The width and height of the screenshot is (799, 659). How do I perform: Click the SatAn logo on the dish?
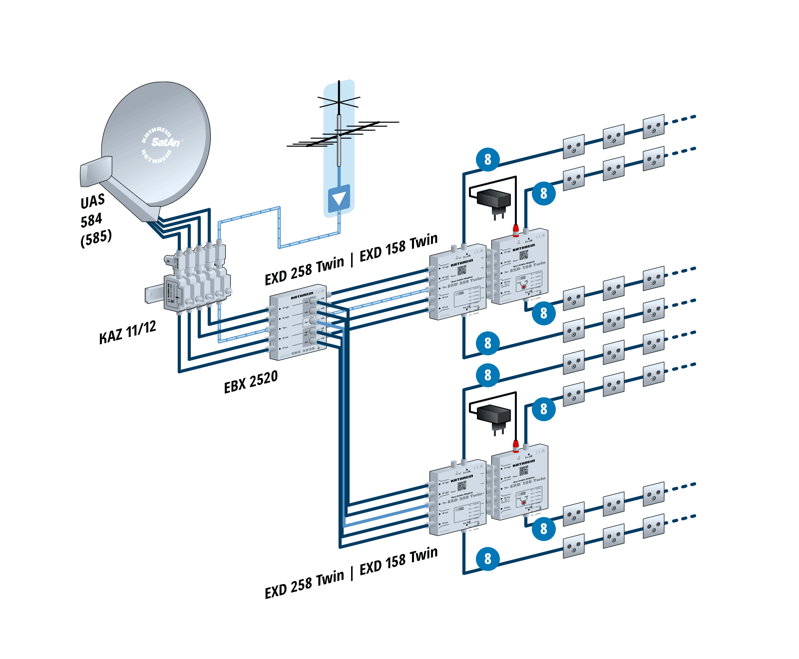pyautogui.click(x=165, y=142)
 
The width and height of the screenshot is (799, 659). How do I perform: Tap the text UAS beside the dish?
pyautogui.click(x=93, y=201)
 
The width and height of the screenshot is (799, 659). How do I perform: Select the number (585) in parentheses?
pyautogui.click(x=96, y=238)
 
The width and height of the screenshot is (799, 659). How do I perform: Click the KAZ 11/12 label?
pyautogui.click(x=127, y=332)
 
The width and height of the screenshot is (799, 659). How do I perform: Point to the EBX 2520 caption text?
pyautogui.click(x=251, y=381)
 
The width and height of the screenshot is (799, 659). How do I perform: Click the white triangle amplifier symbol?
pyautogui.click(x=339, y=199)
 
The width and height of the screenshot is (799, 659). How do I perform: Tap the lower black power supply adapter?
pyautogui.click(x=493, y=414)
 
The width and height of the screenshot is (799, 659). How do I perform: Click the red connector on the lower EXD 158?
pyautogui.click(x=516, y=444)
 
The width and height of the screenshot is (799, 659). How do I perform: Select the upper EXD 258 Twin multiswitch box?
pyautogui.click(x=457, y=283)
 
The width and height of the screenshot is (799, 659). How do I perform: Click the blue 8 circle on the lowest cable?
pyautogui.click(x=487, y=559)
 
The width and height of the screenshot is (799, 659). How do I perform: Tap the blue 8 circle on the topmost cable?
pyautogui.click(x=487, y=160)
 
